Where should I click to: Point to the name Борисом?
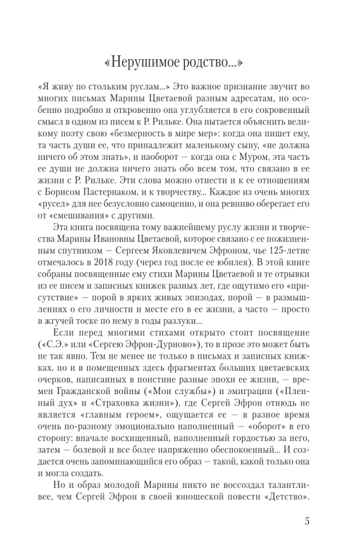coord(63,186)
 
